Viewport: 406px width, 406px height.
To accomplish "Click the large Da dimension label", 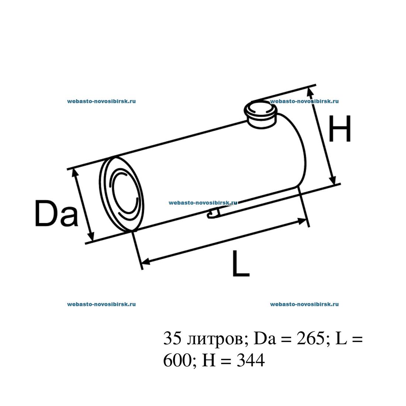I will point(56,214).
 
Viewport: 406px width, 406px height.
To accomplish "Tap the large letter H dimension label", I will point(339,129).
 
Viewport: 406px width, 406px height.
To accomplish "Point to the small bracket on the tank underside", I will point(213,213).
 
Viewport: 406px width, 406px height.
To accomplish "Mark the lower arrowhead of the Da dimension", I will point(91,236).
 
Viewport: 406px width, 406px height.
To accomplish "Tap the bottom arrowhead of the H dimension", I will point(333,180).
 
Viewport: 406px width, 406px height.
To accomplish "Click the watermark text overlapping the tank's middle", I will point(203,203).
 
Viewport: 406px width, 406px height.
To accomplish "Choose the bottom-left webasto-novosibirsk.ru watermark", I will point(101,304).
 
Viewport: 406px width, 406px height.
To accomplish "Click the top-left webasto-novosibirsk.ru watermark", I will point(101,101).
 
